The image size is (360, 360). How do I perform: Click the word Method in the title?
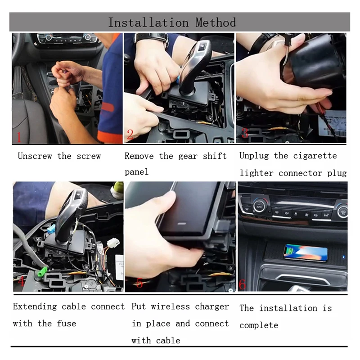point(216,22)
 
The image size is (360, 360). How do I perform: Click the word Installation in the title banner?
point(148,22)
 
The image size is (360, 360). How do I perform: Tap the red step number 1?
point(19,137)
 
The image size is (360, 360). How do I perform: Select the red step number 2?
point(130,134)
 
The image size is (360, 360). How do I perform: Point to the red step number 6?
point(242,284)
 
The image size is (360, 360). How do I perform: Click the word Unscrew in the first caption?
point(35,156)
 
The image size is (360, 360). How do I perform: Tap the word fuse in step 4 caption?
point(66,324)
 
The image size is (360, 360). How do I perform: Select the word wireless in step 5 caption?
point(171,306)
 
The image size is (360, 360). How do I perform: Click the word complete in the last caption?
point(259,325)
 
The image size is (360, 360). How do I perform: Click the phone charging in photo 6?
point(306,252)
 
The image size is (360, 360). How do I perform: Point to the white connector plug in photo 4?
point(113,243)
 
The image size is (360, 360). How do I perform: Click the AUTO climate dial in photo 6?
point(259,207)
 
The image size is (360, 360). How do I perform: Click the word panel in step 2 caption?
point(137,172)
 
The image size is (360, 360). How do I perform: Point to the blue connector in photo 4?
point(51,229)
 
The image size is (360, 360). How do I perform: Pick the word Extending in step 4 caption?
point(35,307)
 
